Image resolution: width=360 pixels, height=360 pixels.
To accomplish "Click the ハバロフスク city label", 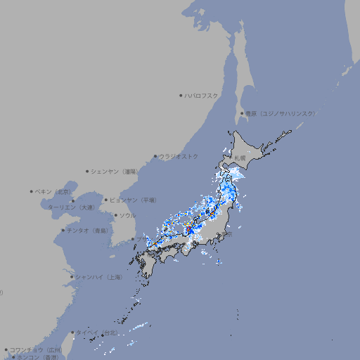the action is pos(202,95).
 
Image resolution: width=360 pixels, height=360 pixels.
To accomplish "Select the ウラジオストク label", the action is pos(179,156).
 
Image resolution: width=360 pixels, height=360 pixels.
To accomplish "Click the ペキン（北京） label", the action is pos(53,191).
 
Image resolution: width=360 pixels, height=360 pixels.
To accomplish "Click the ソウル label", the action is pos(127,215).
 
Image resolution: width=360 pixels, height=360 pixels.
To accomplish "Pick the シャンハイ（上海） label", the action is pos(98,277).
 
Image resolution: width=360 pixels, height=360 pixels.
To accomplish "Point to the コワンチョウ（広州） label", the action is pos(36,349).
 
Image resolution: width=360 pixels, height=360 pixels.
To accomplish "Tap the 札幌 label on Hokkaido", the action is pos(240,158).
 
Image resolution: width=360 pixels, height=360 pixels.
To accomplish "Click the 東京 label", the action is pos(229,234).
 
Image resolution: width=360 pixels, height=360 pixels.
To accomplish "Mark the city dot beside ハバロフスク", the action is pos(181,95).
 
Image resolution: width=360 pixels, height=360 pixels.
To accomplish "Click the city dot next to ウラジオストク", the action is pos(155,157).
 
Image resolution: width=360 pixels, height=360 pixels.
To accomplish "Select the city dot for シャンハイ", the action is pos(72,277).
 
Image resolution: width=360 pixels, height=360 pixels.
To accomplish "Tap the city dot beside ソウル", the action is pos(115,216).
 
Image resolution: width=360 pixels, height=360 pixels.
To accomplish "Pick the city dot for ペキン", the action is pos(32,191).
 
